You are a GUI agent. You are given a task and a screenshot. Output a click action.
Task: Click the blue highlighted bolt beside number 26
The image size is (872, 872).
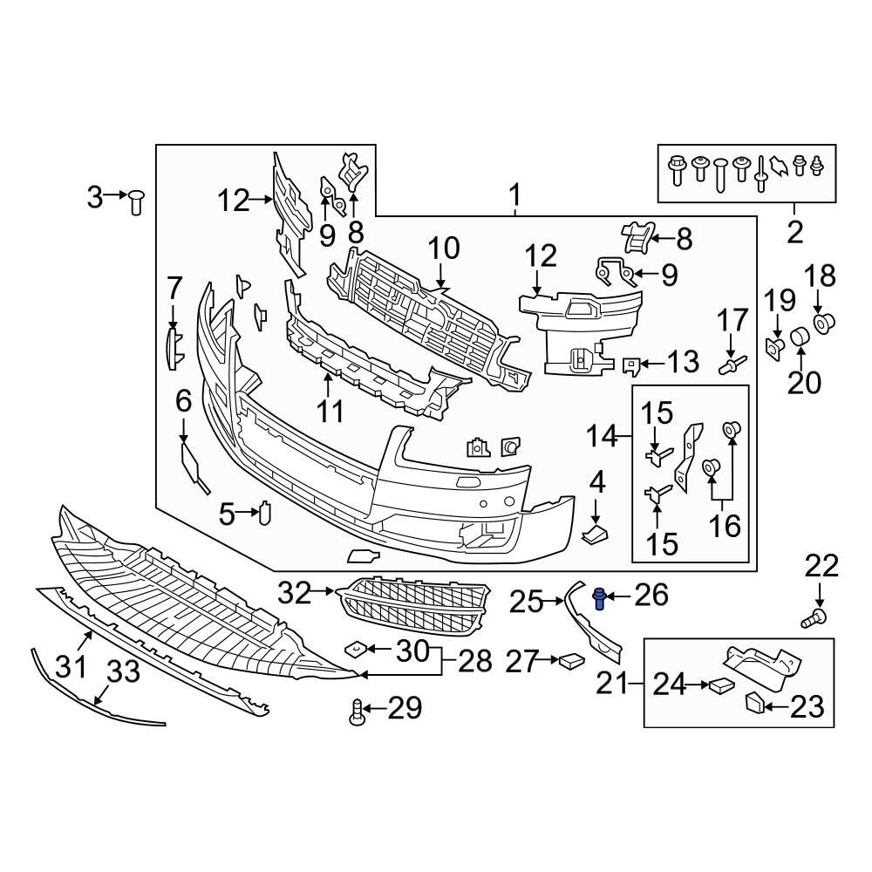pos(600,598)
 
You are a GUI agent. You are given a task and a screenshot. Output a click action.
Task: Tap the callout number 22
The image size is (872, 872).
pos(821,568)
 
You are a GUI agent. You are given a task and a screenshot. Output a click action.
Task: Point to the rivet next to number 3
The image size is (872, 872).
pos(136,203)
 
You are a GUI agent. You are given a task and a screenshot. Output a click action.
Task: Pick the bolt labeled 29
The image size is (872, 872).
pos(357,713)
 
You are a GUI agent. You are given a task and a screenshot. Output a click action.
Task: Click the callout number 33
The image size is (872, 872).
pos(123,671)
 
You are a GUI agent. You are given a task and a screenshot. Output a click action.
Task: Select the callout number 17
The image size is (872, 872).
pos(733,320)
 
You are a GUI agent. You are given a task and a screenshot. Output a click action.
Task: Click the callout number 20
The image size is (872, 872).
pos(805,381)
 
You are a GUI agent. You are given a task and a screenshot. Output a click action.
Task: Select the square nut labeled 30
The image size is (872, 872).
pos(355,650)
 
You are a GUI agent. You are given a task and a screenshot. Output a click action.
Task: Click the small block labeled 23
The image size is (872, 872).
pos(755,702)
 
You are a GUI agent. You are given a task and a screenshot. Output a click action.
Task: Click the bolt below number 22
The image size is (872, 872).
pos(813,620)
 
